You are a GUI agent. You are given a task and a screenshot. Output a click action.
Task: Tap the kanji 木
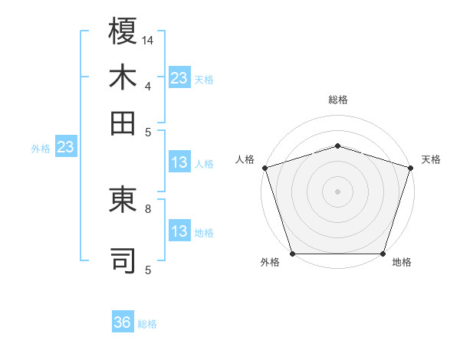[123, 79]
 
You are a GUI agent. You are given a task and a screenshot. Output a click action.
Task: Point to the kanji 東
[123, 201]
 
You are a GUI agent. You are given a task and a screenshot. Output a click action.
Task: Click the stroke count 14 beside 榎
[148, 39]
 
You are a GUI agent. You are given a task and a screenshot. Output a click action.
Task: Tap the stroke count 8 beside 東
[148, 207]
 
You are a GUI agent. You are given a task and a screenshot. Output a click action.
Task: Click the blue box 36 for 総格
[123, 323]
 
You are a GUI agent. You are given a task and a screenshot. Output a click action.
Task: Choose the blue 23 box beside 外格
[64, 148]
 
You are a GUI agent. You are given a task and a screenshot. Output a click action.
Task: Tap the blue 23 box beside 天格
[179, 78]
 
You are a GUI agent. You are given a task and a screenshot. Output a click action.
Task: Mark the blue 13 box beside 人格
[179, 162]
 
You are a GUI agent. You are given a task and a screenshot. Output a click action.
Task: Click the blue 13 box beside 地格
[179, 231]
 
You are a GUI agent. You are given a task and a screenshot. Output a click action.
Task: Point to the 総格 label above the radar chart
[337, 100]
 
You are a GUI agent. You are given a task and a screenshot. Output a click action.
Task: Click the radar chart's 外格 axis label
[270, 263]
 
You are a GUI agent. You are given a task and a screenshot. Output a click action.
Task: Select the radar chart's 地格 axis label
[402, 263]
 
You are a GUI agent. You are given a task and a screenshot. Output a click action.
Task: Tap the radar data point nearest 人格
[265, 168]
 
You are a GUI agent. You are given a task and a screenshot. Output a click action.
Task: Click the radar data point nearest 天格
[410, 168]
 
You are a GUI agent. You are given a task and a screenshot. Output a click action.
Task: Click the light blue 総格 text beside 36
[147, 324]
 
